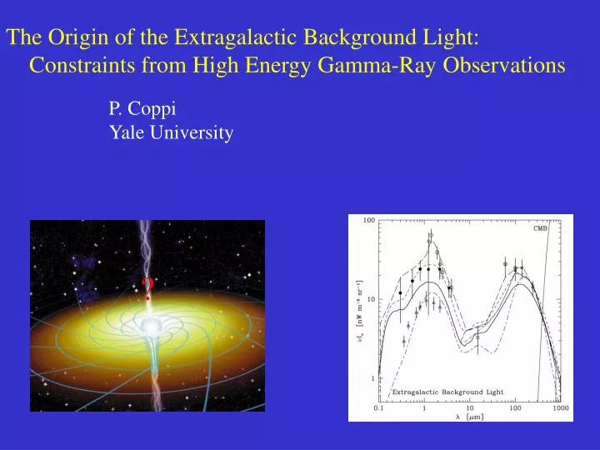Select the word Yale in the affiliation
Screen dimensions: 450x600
127,132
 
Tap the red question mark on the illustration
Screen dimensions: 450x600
147,290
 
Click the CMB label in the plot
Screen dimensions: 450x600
541,227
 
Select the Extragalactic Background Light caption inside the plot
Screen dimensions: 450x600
448,392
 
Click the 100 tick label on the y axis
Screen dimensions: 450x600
368,221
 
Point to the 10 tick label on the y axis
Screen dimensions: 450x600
370,299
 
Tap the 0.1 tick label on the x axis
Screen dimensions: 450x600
380,408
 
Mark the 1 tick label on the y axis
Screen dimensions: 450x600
372,377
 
